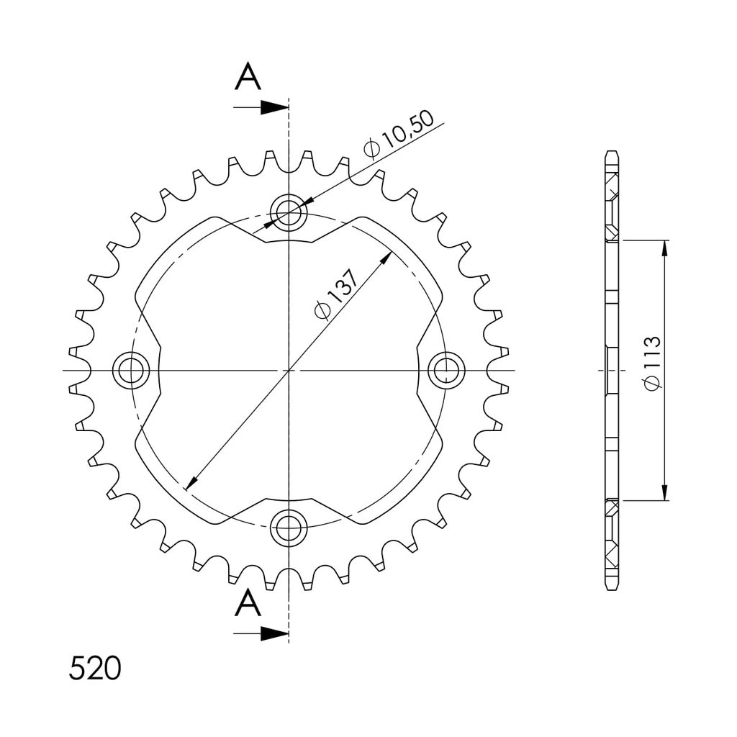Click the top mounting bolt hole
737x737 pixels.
click(x=289, y=212)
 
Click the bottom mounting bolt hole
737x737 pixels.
click(x=289, y=528)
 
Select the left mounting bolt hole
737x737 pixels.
click(x=131, y=371)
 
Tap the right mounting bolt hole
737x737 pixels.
click(x=446, y=371)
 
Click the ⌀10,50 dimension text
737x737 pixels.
click(x=399, y=136)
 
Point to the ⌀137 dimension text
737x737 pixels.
click(x=336, y=295)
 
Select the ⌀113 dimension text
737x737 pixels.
click(x=653, y=363)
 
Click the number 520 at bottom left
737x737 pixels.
click(x=95, y=669)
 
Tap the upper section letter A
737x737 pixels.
click(x=248, y=77)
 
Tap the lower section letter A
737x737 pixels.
click(x=248, y=604)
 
